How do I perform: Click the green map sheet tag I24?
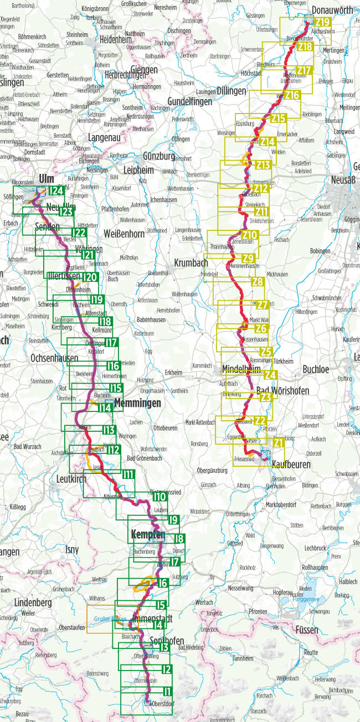[x=55, y=191]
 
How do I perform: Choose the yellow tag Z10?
[x=249, y=235]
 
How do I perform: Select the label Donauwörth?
[x=332, y=9]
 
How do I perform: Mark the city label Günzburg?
[x=159, y=156]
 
